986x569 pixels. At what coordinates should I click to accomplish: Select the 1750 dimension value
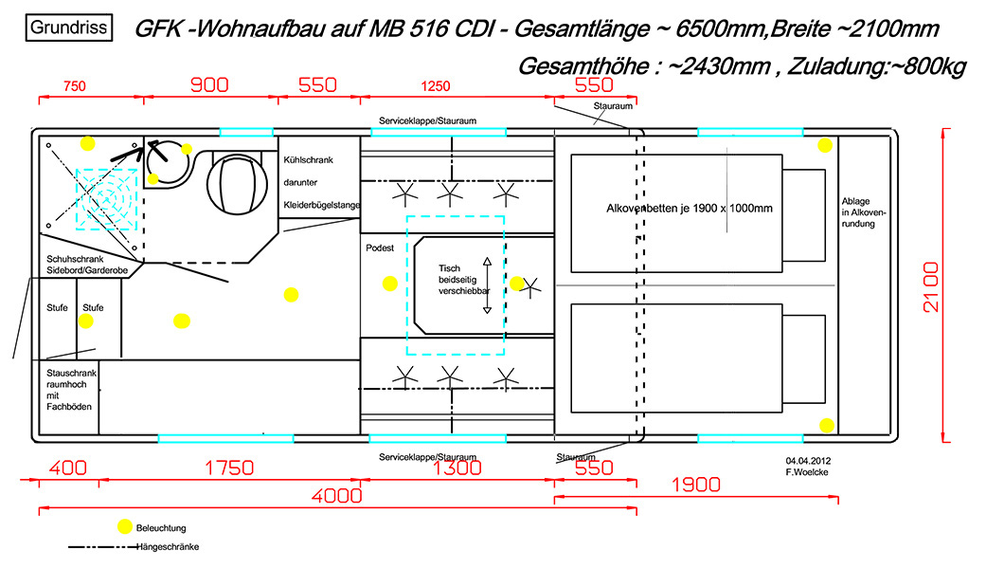coord(228,468)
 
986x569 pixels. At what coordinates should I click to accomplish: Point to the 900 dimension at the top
coord(209,84)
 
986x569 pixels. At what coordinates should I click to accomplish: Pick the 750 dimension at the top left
coord(74,86)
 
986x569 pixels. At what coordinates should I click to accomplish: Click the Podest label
coord(379,248)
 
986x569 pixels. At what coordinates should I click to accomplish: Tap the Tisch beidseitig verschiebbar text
coord(457,281)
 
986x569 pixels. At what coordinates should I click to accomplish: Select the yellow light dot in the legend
coord(123,526)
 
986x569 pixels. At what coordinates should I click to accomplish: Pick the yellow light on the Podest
coord(388,283)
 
